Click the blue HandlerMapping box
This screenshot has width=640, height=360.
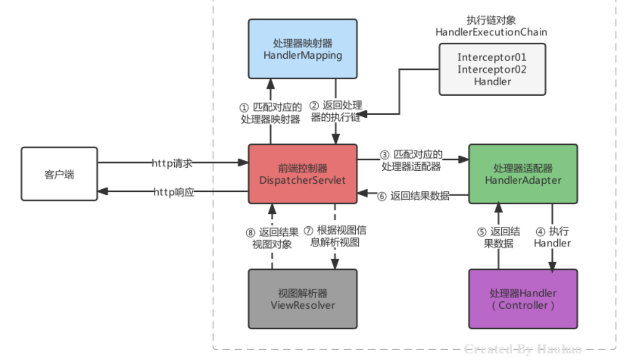click(x=302, y=49)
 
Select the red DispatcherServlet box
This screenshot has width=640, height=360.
click(x=302, y=174)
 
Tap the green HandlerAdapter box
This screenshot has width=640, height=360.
click(x=523, y=174)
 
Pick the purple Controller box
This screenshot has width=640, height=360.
click(x=523, y=299)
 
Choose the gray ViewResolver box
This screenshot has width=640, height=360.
click(x=302, y=299)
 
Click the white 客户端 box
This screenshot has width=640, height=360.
click(x=59, y=174)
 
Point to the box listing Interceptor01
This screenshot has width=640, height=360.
click(x=492, y=69)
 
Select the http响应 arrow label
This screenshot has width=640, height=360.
click(x=174, y=192)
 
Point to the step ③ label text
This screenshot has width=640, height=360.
click(x=411, y=160)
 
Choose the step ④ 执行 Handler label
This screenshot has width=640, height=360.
click(x=552, y=237)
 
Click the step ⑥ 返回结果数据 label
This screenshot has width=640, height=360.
click(x=414, y=195)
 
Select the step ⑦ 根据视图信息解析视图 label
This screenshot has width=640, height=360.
click(x=335, y=236)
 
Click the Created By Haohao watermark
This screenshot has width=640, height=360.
click(x=522, y=349)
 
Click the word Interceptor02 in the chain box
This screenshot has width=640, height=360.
click(x=492, y=69)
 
